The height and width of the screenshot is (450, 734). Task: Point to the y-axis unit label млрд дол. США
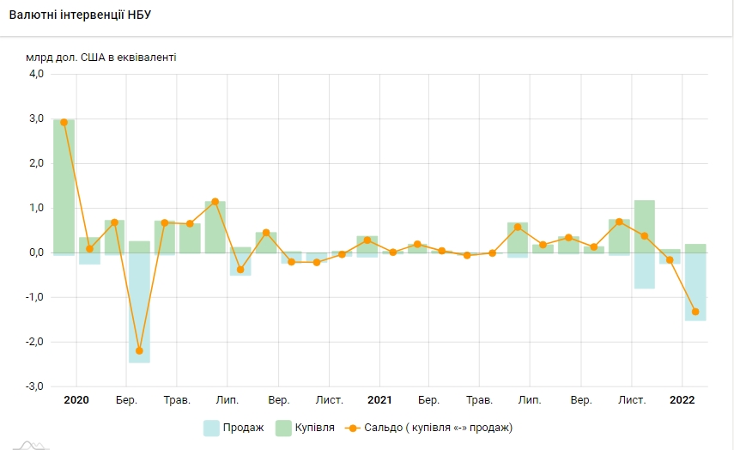tap(101, 58)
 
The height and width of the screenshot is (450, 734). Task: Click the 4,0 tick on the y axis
tap(35, 75)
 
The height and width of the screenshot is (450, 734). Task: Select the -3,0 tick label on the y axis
tap(33, 386)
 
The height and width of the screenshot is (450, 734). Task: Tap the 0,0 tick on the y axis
tap(35, 252)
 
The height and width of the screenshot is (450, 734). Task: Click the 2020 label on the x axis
tap(76, 400)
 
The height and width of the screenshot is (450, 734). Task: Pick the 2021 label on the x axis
tap(379, 400)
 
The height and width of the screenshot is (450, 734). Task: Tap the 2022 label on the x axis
tap(682, 400)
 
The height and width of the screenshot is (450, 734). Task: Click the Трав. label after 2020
tap(177, 400)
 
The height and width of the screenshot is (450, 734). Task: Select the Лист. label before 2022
tap(632, 400)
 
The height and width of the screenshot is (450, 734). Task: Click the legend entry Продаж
tap(234, 427)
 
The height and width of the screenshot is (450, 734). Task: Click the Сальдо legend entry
tap(429, 427)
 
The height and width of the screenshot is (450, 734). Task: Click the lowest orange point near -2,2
tap(139, 350)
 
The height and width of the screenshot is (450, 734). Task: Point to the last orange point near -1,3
tap(695, 312)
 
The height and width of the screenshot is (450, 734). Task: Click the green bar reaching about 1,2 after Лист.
tap(645, 226)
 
